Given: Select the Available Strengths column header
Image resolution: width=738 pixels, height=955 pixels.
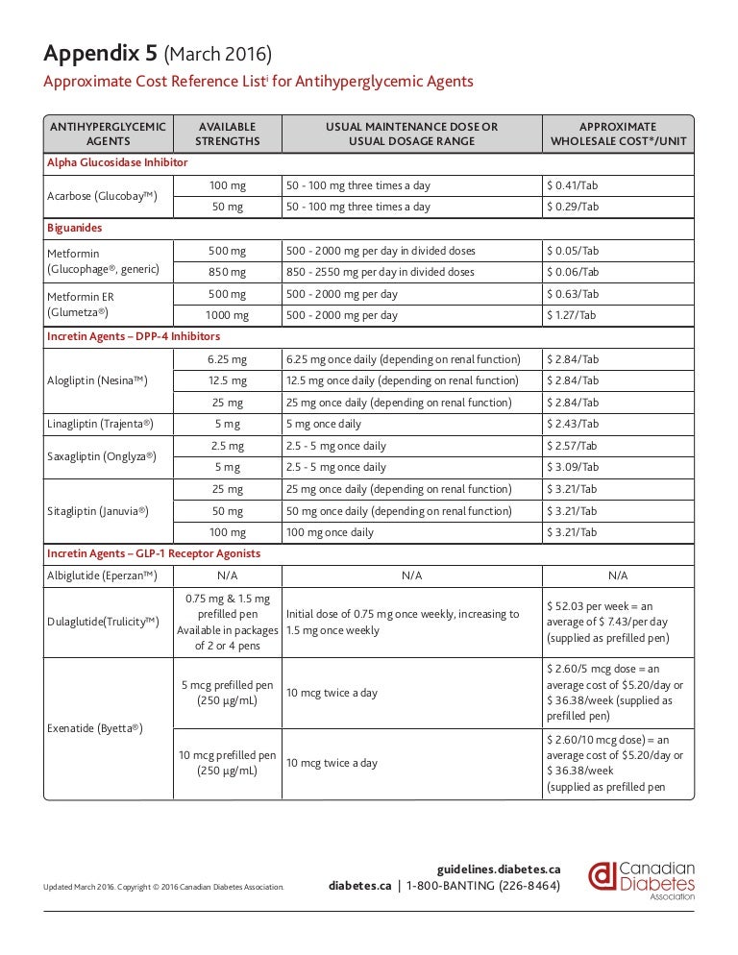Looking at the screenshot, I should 228,134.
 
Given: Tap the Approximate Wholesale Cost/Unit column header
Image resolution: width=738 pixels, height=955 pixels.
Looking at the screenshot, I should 618,134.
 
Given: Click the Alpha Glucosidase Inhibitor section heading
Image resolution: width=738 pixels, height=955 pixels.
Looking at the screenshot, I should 117,163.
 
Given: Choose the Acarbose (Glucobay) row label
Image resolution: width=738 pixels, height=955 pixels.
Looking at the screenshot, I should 102,196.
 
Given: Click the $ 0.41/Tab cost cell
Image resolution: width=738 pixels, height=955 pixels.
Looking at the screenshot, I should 572,185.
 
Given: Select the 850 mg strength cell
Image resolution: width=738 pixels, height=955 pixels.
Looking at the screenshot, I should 228,272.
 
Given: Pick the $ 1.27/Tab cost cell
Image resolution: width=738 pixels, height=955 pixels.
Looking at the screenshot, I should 572,315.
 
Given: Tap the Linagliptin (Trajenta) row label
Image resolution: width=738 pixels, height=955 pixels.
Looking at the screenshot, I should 100,424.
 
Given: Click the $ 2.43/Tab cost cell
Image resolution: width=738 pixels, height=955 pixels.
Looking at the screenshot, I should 572,424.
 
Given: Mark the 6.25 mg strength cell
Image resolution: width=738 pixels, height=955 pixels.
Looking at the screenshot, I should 228,359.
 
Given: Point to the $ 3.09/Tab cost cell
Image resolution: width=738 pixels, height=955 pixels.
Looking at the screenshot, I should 572,467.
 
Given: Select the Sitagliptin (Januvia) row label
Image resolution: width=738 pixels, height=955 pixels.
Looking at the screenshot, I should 98,511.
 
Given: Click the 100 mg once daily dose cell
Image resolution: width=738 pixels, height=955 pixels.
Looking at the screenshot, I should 330,532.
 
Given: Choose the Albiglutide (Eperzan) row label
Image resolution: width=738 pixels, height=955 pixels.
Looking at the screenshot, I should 102,575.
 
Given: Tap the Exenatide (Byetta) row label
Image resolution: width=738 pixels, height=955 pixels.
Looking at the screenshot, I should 94,728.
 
